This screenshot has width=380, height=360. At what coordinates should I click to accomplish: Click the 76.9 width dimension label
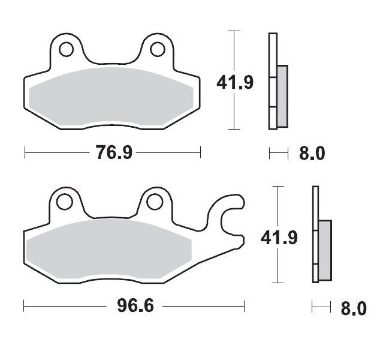[114, 153]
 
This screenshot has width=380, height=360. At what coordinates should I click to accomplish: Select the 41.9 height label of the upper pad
[234, 82]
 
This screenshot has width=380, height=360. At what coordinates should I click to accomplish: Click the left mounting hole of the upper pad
[67, 47]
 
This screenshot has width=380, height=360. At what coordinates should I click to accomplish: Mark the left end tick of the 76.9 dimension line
[25, 153]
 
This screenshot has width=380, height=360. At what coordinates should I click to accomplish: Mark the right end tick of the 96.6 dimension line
[245, 307]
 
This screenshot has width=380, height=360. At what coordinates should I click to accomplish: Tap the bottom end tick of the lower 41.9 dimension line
[277, 283]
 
